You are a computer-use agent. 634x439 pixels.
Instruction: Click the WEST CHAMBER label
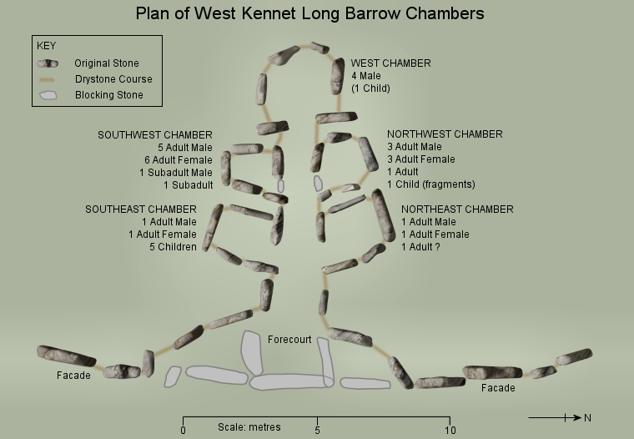pyautogui.click(x=390, y=63)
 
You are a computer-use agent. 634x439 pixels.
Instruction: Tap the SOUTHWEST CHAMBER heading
pyautogui.click(x=155, y=134)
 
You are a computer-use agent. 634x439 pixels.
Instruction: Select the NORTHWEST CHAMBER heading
pyautogui.click(x=445, y=134)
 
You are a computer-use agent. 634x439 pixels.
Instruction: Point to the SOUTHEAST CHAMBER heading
pyautogui.click(x=141, y=209)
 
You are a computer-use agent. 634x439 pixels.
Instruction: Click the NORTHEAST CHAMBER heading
pyautogui.click(x=457, y=209)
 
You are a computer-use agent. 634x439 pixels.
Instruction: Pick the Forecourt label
pyautogui.click(x=289, y=340)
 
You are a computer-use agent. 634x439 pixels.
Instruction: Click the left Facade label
pyautogui.click(x=73, y=376)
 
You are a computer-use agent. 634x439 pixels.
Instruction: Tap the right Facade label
pyautogui.click(x=498, y=388)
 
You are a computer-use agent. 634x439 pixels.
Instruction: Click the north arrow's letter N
pyautogui.click(x=587, y=417)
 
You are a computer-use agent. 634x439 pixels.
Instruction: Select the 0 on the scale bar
pyautogui.click(x=183, y=430)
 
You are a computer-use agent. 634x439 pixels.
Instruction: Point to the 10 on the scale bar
pyautogui.click(x=450, y=430)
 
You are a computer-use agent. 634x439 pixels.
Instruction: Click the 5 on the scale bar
pyautogui.click(x=317, y=430)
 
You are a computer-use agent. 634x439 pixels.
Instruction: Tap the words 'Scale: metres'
pyautogui.click(x=249, y=427)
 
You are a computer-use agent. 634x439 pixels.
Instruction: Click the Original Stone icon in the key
pyautogui.click(x=48, y=63)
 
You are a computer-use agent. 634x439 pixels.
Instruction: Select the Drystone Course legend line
pyautogui.click(x=48, y=79)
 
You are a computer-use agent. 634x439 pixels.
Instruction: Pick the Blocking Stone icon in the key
pyautogui.click(x=48, y=95)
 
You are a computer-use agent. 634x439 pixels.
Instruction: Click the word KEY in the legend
pyautogui.click(x=46, y=46)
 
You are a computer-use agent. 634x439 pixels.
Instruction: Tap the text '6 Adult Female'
pyautogui.click(x=178, y=159)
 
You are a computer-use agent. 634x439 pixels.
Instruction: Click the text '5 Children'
pyautogui.click(x=174, y=247)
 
